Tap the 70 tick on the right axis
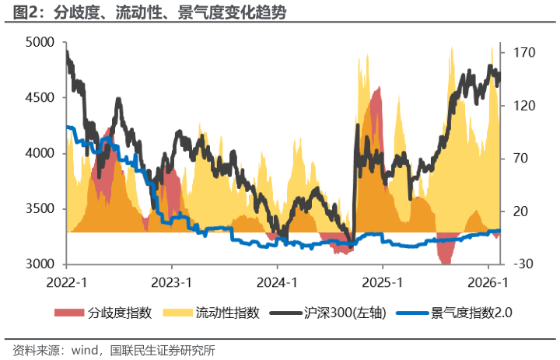click(x=518, y=159)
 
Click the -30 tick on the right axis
click(x=520, y=264)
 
